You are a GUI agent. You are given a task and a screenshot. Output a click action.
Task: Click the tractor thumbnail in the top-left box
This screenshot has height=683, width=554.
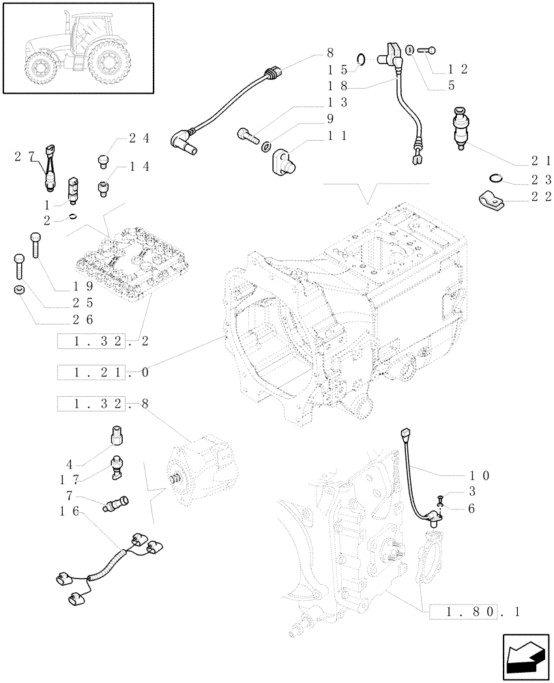[75, 48]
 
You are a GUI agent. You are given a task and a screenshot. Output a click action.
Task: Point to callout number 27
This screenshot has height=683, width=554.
[23, 156]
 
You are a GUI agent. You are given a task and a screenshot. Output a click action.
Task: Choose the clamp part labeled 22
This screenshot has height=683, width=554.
[490, 199]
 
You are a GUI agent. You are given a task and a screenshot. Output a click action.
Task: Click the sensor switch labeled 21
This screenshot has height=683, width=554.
[461, 128]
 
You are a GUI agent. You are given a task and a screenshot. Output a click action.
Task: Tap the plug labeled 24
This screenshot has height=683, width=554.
[104, 160]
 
